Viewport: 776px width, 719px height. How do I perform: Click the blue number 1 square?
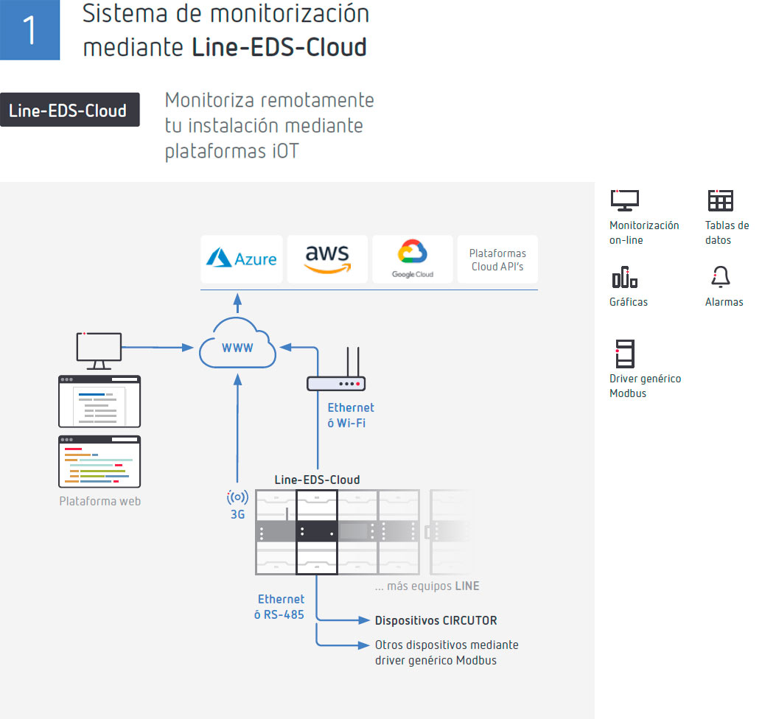(29, 29)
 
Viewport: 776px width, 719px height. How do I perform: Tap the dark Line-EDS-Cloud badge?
(69, 110)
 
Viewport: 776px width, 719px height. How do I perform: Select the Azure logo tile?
(241, 259)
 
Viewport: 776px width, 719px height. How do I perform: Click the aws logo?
(326, 259)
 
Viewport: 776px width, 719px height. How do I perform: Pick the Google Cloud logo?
(412, 259)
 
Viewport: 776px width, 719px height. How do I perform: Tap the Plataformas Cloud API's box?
(497, 259)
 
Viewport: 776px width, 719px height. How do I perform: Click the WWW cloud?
(237, 346)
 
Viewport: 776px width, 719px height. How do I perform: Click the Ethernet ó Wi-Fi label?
(350, 415)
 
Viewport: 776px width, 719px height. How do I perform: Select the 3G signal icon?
(237, 497)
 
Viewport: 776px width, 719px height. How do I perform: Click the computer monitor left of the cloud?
(99, 350)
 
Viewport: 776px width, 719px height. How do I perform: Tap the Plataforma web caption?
(99, 501)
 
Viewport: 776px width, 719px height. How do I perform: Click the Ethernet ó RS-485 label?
(280, 606)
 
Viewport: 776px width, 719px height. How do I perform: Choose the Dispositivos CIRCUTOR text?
(436, 620)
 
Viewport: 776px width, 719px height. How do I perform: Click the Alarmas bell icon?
(720, 277)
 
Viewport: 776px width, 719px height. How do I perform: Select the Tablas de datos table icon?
(720, 200)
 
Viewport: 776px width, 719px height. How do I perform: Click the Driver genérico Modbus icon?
(624, 354)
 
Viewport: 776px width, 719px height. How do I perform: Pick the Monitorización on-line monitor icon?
(624, 200)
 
